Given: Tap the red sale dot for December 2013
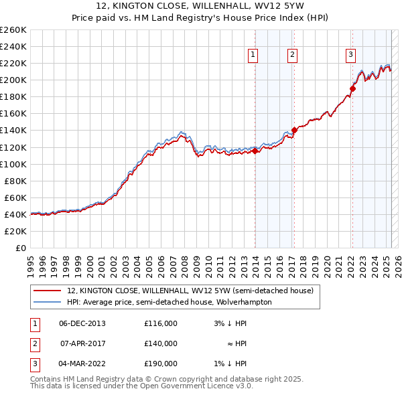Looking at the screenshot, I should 255,151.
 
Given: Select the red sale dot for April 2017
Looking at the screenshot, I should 294,131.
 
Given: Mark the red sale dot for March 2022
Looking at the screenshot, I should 352,88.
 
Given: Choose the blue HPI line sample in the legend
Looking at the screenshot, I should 47,302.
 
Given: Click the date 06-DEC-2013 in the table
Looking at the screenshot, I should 82,323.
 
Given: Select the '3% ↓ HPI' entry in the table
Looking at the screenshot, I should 230,323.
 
